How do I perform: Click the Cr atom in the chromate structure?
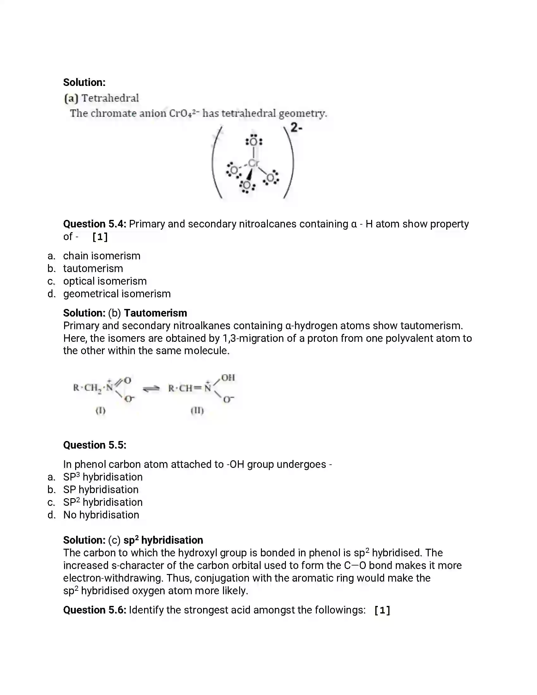pyautogui.click(x=254, y=163)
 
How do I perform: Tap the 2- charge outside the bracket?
pyautogui.click(x=296, y=128)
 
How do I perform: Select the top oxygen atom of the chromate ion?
pyautogui.click(x=254, y=142)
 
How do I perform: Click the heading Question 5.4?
pyautogui.click(x=94, y=224)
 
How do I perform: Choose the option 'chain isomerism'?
pyautogui.click(x=101, y=256)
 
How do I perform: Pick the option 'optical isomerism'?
pyautogui.click(x=105, y=281)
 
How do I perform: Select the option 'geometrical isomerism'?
pyautogui.click(x=117, y=294)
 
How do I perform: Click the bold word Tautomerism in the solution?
pyautogui.click(x=155, y=313)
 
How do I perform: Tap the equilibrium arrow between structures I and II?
pyautogui.click(x=151, y=389)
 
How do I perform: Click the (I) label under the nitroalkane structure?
pyautogui.click(x=100, y=410)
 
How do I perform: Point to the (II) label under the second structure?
pyautogui.click(x=197, y=410)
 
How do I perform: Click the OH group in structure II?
pyautogui.click(x=228, y=378)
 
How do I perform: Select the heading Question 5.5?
pyautogui.click(x=94, y=445)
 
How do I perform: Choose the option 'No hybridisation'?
pyautogui.click(x=101, y=515)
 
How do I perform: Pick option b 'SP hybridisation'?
pyautogui.click(x=100, y=490)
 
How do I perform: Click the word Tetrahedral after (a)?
pyautogui.click(x=110, y=98)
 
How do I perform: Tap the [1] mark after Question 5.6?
pyautogui.click(x=382, y=610)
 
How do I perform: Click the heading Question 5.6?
pyautogui.click(x=94, y=610)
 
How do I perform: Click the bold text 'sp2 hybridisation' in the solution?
pyautogui.click(x=163, y=540)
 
